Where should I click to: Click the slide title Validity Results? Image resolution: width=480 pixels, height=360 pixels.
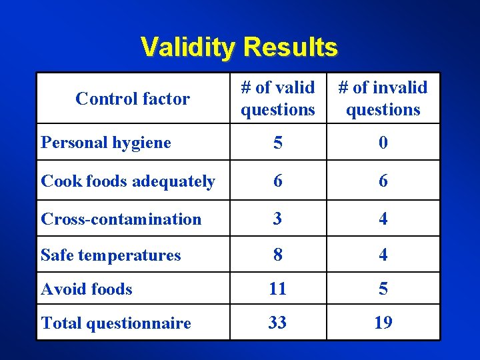click(239, 47)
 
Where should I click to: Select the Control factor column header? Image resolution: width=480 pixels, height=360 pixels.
click(133, 99)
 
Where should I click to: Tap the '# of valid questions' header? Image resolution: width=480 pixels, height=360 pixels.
click(278, 98)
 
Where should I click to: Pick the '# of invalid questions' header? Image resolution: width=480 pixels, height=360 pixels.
click(383, 98)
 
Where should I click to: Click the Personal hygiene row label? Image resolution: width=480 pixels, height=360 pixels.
click(106, 142)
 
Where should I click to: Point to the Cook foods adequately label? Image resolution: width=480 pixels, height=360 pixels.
click(128, 181)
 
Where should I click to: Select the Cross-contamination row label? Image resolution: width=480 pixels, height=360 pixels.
click(121, 219)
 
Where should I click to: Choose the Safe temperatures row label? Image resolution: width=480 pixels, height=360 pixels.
click(111, 255)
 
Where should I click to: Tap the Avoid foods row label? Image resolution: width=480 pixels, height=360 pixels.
click(87, 289)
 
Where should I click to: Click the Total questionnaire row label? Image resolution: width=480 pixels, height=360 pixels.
click(116, 323)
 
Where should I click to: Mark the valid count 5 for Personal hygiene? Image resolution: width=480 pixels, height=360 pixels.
click(278, 143)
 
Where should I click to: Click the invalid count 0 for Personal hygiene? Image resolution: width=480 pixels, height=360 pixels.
click(383, 143)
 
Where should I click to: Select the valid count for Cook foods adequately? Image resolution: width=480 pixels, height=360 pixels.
click(278, 181)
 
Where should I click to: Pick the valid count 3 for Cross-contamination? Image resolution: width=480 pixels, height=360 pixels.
click(278, 219)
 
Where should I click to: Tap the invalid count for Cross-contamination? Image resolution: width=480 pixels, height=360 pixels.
click(383, 219)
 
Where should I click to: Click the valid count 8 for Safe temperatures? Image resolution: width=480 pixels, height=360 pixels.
click(278, 255)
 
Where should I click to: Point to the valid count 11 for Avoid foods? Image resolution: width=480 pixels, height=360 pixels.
click(278, 289)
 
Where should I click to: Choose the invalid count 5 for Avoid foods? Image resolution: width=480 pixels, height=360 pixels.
click(383, 289)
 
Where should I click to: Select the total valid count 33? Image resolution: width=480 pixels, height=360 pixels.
click(278, 323)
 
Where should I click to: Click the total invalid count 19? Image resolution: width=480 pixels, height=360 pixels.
click(383, 323)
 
